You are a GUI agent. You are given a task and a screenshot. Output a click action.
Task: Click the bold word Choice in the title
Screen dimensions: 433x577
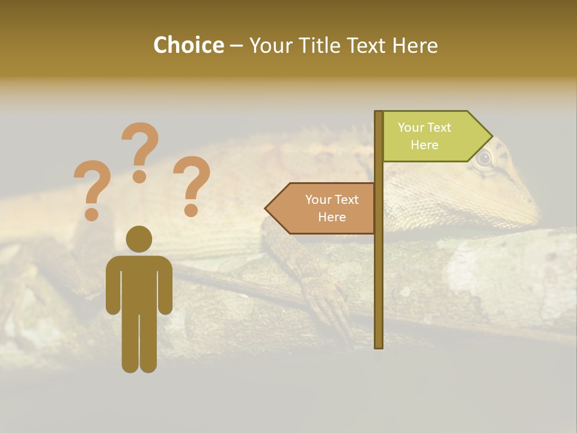[188, 45]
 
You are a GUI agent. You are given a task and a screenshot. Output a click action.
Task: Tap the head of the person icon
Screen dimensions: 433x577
[139, 239]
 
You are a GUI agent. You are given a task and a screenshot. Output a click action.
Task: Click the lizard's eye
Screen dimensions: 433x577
[483, 159]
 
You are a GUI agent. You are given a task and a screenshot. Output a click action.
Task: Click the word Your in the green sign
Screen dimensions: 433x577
[411, 127]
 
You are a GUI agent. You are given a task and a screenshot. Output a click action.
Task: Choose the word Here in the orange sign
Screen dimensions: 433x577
[332, 217]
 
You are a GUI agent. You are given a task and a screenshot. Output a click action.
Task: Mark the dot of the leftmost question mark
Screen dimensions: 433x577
[92, 213]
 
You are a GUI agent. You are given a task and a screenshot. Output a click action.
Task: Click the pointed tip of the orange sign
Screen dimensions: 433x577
[267, 209]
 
